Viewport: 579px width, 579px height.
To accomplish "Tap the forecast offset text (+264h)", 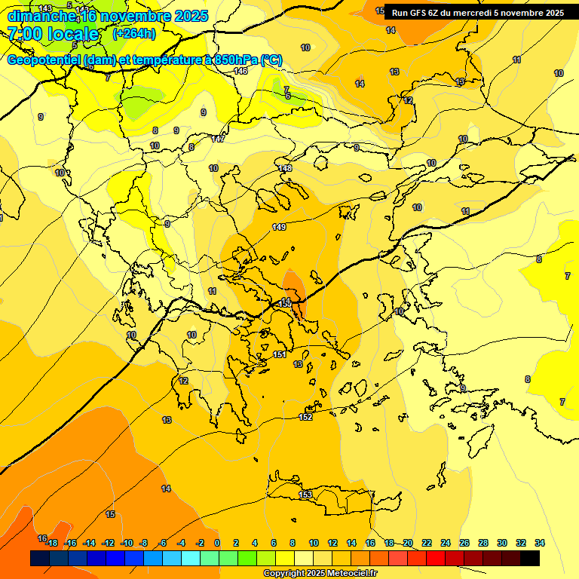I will [134, 34].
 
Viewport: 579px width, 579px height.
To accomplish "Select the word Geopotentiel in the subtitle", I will [44, 60].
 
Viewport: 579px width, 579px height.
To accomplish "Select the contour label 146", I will [240, 71].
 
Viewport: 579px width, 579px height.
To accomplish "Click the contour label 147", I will [218, 139].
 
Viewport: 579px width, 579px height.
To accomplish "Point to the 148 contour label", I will [284, 168].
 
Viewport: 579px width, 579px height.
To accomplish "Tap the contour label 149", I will [279, 227].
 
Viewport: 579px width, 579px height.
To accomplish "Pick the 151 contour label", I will [280, 354].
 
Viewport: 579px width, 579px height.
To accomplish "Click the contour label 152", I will [305, 417].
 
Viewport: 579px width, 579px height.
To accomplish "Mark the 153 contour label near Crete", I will [305, 495].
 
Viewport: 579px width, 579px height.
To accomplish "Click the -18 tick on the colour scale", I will [52, 543].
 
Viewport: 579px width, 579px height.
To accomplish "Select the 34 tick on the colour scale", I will [540, 543].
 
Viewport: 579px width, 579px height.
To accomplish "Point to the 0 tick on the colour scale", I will [217, 543].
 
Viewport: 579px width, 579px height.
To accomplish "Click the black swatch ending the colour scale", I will [530, 558].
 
